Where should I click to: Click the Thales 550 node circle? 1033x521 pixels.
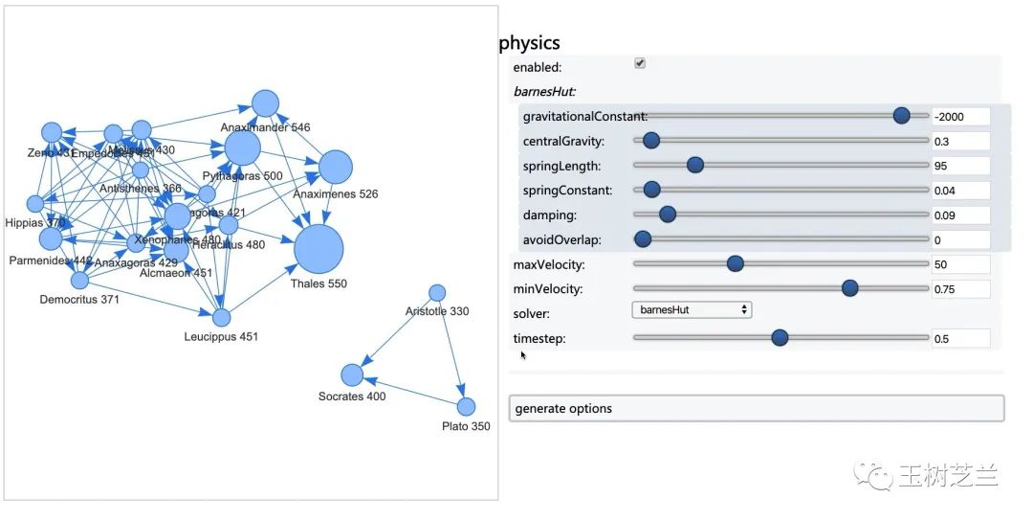tap(319, 250)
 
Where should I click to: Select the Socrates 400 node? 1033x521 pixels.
tap(353, 375)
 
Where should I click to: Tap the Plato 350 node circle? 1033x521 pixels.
tap(466, 406)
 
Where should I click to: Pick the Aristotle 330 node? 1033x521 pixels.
tap(437, 292)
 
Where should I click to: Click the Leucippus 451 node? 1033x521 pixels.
tap(222, 317)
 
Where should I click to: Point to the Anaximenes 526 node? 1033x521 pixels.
tap(336, 167)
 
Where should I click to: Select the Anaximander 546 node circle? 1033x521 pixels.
tap(265, 103)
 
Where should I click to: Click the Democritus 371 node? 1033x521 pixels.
tap(79, 280)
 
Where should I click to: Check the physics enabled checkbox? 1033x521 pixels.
tap(640, 63)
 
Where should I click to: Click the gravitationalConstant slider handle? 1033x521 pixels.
tap(901, 116)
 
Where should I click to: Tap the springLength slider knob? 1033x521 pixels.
tap(695, 165)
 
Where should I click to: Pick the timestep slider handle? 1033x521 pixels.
tap(780, 337)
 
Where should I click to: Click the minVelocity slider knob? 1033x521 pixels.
tap(849, 288)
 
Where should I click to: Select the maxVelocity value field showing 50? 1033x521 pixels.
tap(960, 264)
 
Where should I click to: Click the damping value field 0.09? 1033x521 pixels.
tap(960, 215)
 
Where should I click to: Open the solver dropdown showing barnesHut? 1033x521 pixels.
tap(692, 310)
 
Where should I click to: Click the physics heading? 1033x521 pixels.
tap(529, 43)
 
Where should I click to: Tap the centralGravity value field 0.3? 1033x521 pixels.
tap(960, 142)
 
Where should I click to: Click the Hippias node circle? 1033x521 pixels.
tap(35, 203)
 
